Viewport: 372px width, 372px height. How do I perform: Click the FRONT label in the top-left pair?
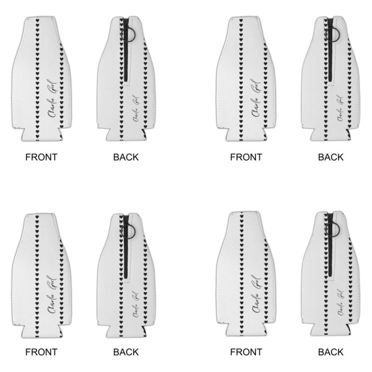point(41,157)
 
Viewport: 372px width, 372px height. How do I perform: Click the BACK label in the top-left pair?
point(126,157)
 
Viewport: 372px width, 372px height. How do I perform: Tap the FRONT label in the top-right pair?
point(246,157)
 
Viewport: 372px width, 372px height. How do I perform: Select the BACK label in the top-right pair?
point(331,157)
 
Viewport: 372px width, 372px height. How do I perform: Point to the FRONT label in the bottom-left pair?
point(41,352)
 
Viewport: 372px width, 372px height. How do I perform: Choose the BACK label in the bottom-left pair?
point(126,352)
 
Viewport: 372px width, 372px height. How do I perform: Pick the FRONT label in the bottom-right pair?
point(246,352)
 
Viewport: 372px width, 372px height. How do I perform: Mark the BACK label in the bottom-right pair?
point(331,352)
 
